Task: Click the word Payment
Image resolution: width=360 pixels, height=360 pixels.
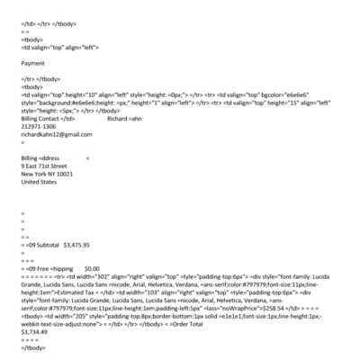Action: click(32, 64)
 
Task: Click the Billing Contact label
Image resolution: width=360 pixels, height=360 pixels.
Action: click(40, 118)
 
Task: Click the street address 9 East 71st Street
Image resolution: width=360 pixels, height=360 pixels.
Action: click(50, 166)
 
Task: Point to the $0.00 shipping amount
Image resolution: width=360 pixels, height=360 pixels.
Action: click(92, 268)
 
